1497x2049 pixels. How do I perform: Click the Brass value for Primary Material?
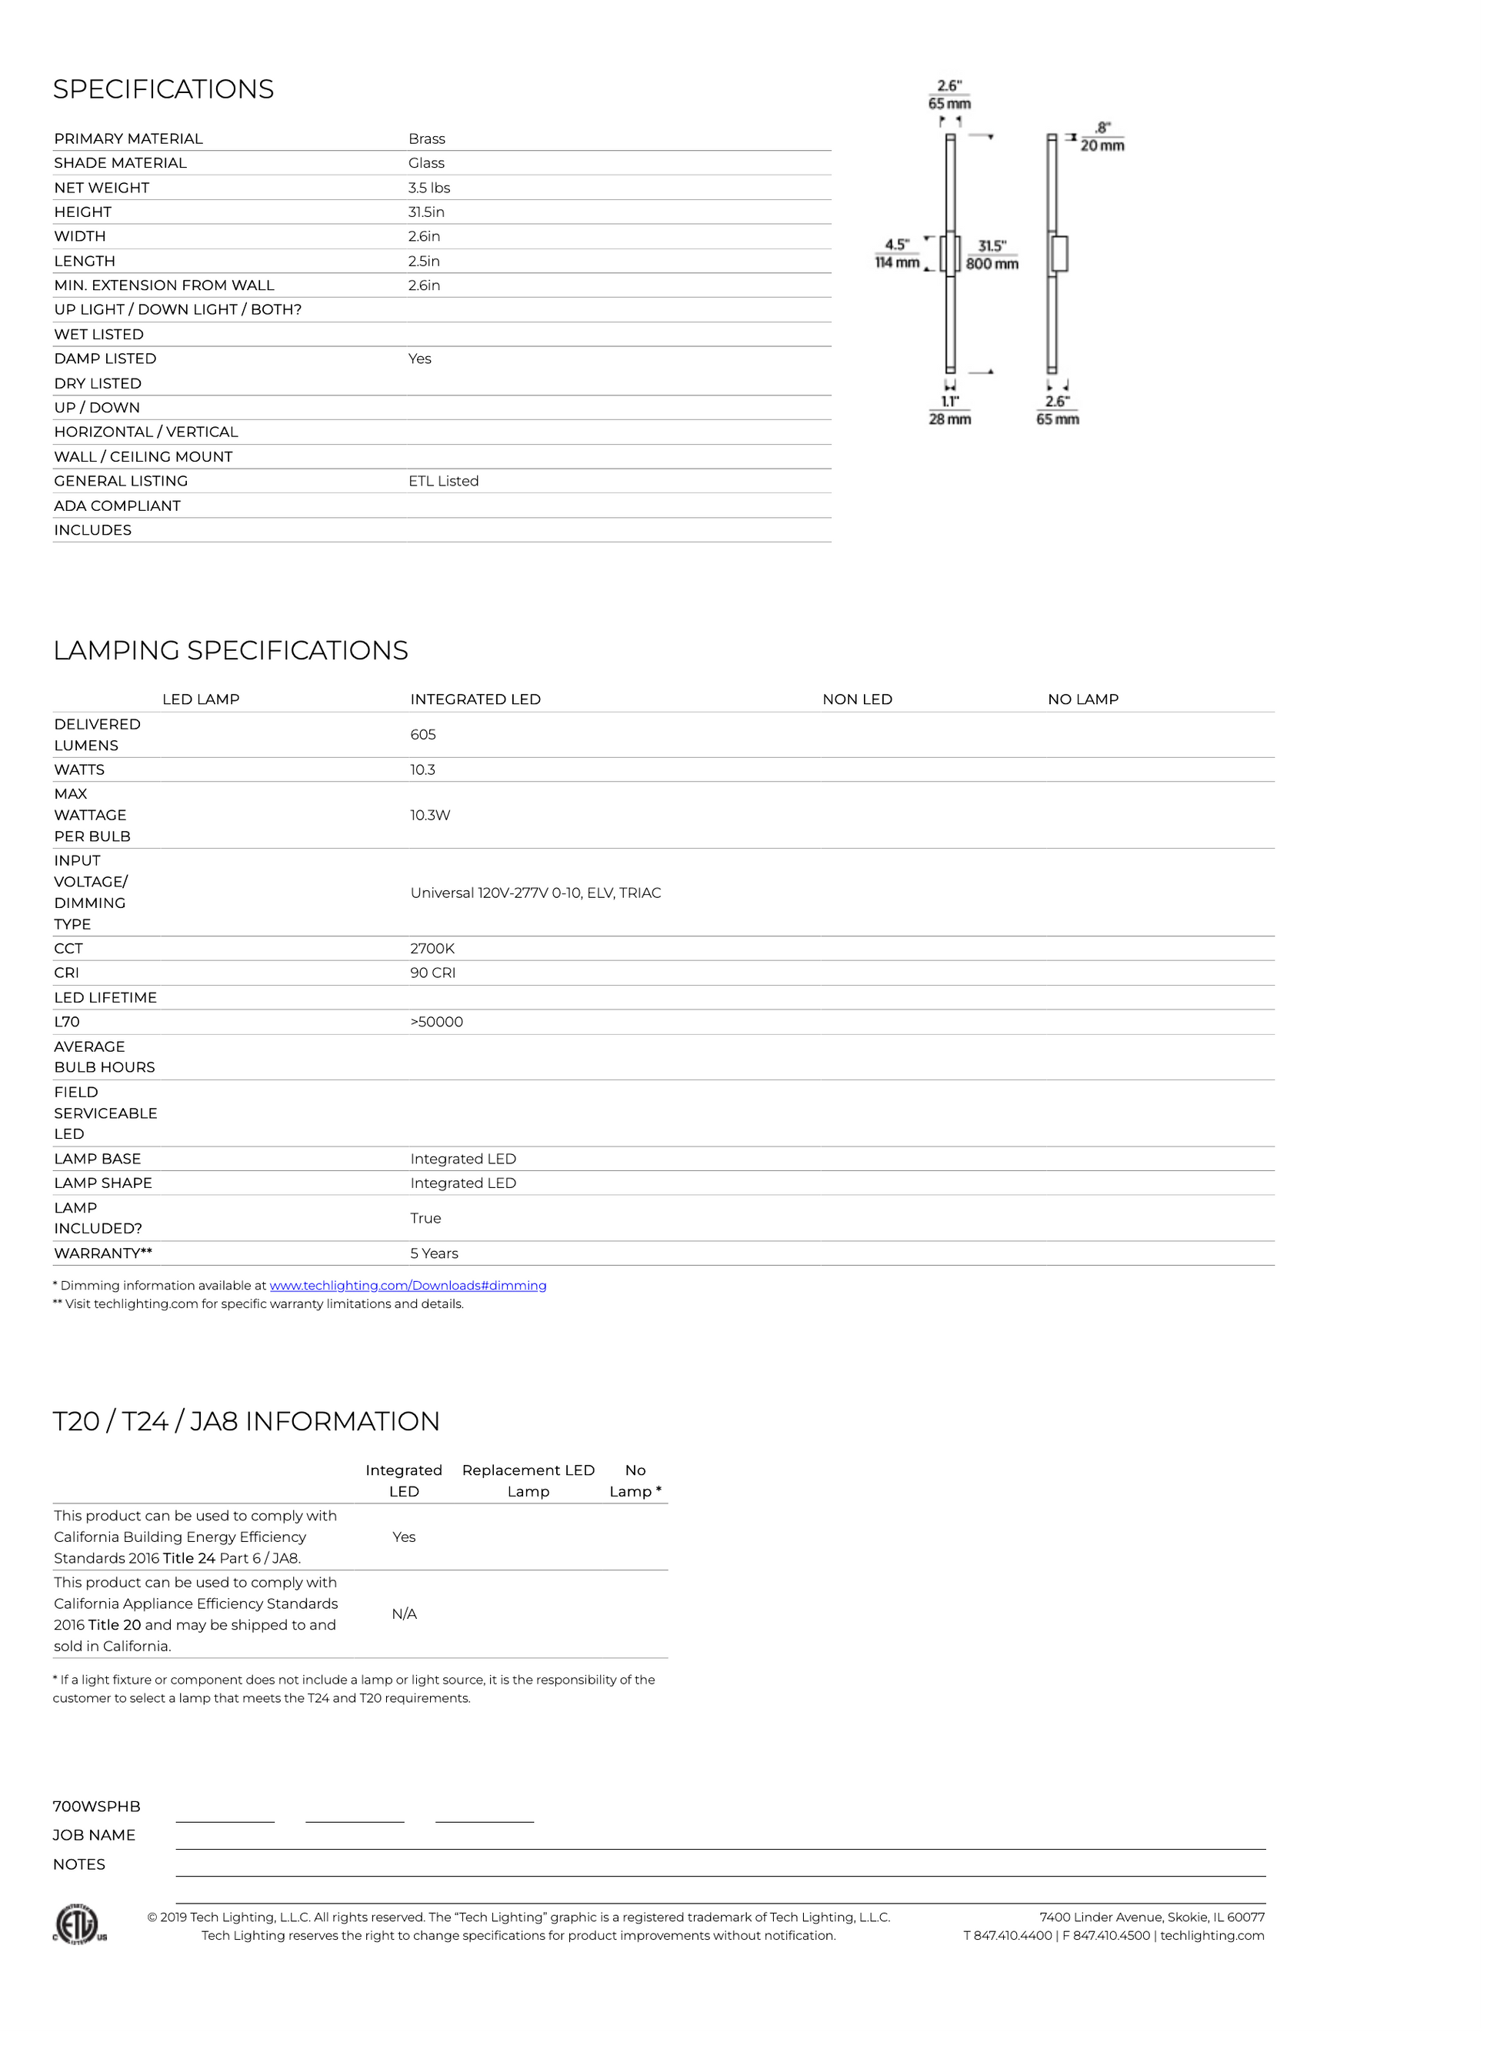426,138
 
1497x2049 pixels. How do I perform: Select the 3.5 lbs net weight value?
428,188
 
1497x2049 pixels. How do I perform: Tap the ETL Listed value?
443,481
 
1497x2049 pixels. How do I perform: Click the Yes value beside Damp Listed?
419,359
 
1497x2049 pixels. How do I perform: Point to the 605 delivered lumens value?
422,735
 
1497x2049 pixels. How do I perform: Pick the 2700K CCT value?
432,949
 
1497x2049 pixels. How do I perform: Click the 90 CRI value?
432,973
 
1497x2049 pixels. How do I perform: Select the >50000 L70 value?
436,1023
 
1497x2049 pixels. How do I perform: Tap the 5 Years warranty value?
434,1253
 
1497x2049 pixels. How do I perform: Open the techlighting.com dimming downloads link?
408,1286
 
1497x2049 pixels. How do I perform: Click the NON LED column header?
857,699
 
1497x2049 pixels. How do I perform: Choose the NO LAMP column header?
1083,699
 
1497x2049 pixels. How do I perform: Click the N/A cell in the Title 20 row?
404,1614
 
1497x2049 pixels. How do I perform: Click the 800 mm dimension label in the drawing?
992,264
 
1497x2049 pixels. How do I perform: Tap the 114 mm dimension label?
896,263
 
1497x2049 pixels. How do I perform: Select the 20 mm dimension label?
1102,146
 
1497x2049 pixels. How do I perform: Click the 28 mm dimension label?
950,419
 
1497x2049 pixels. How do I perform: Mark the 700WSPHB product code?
97,1807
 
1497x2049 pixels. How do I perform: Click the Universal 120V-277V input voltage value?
535,893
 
